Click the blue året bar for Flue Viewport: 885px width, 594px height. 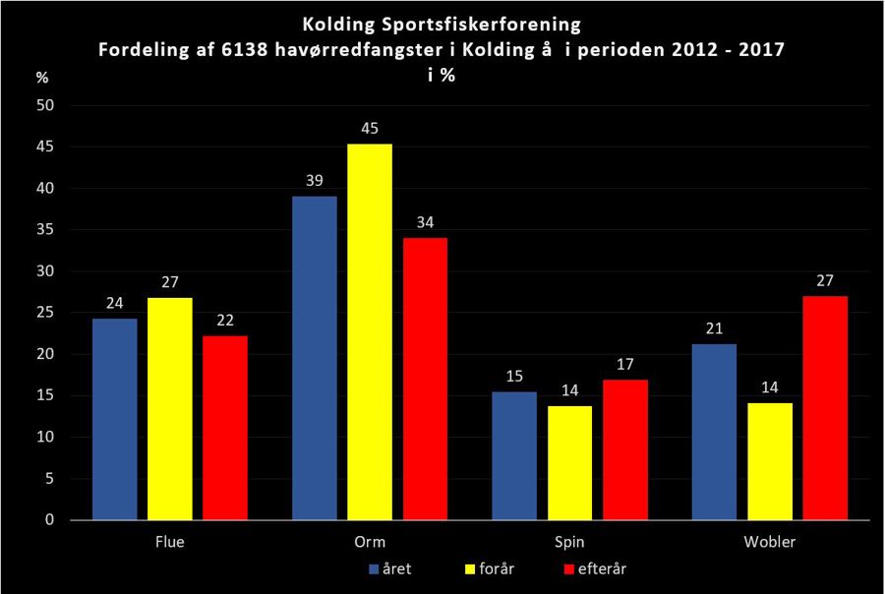[x=115, y=419]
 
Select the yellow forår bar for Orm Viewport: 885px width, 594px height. [x=370, y=331]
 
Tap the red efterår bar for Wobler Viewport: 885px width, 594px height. [x=825, y=407]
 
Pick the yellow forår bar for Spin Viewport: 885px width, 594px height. [x=570, y=462]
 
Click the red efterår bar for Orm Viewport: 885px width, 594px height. [x=425, y=379]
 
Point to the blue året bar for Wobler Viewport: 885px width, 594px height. [x=714, y=432]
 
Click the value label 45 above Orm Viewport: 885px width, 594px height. [x=370, y=128]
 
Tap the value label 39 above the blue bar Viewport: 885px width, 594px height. [x=315, y=180]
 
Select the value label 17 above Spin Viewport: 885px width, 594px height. [x=625, y=364]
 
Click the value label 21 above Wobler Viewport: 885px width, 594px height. [x=714, y=327]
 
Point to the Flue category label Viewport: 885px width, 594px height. [x=170, y=541]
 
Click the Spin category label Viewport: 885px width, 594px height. [x=569, y=541]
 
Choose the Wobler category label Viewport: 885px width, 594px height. [x=769, y=541]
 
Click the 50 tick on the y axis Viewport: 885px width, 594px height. [x=44, y=105]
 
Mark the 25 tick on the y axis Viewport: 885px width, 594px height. [x=44, y=313]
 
